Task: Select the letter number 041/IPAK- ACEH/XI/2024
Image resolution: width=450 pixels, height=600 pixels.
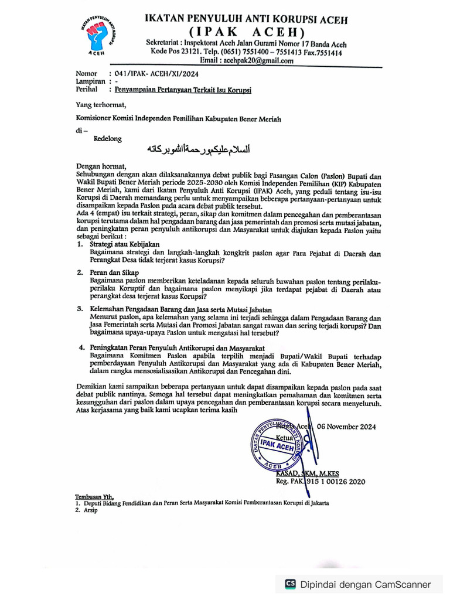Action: pos(157,74)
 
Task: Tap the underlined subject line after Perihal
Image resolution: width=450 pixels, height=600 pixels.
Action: pos(182,90)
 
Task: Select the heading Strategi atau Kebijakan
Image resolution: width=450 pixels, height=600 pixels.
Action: pos(124,243)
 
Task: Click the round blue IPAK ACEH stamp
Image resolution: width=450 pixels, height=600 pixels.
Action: pos(279,445)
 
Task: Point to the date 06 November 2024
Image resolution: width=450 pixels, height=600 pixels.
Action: pos(346,427)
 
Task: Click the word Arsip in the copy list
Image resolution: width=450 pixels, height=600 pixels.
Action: pos(90,510)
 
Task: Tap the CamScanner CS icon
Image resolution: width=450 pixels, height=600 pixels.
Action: pos(291,584)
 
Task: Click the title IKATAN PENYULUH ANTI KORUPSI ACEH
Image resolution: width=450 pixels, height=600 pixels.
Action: pos(246,19)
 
